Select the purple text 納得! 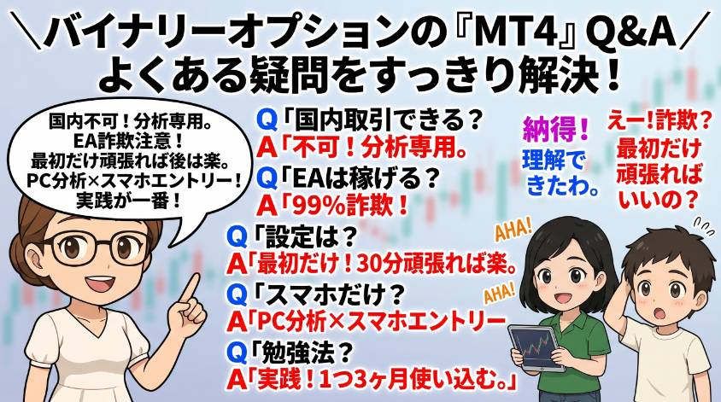pyautogui.click(x=555, y=129)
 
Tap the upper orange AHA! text pyautogui.click(x=513, y=230)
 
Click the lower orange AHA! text pyautogui.click(x=498, y=294)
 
